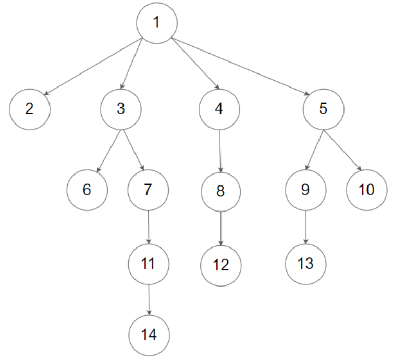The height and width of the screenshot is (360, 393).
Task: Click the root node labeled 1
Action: [x=157, y=23]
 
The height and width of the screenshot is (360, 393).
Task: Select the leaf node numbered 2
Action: [x=30, y=109]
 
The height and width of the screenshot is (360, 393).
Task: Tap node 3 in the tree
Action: [x=121, y=109]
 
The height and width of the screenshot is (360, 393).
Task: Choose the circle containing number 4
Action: [x=219, y=109]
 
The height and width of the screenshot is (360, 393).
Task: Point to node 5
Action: [x=323, y=109]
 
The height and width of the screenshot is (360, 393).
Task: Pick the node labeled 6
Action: [x=87, y=190]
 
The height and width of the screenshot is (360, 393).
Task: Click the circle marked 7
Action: [x=148, y=190]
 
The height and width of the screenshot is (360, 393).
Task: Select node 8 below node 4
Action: [x=221, y=192]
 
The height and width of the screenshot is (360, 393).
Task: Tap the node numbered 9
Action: [x=305, y=190]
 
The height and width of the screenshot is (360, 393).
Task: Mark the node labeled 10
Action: [x=367, y=190]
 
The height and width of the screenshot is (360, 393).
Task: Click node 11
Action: [x=149, y=264]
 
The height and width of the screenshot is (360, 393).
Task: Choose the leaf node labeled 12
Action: [x=221, y=266]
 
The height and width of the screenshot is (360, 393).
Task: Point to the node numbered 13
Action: [x=305, y=264]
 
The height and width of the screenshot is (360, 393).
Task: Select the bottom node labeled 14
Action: [x=149, y=335]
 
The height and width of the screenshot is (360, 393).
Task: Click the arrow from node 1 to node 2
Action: [x=93, y=66]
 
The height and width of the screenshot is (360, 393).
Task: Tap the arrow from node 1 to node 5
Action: [x=240, y=66]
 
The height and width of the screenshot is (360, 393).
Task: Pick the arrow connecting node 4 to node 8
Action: [x=220, y=151]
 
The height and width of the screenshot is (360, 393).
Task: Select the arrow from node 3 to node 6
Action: [x=109, y=151]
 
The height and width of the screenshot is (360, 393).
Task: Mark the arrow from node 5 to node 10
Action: [x=342, y=151]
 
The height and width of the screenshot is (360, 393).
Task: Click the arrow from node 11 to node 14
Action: [x=149, y=300]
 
